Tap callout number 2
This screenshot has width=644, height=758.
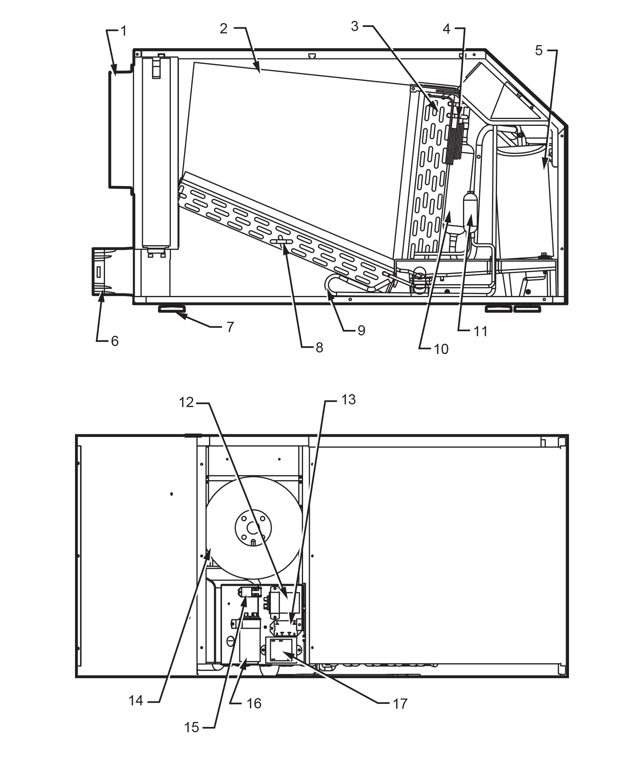tap(224, 28)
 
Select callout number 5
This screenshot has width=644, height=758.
tap(539, 50)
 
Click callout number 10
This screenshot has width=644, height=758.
tap(441, 349)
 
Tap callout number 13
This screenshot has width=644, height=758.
tap(348, 400)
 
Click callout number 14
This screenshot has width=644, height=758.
tap(136, 701)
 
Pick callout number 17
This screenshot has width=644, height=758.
tap(400, 704)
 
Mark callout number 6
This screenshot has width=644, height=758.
tap(114, 341)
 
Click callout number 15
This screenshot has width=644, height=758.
tap(192, 727)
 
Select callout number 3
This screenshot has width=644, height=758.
tap(355, 27)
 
